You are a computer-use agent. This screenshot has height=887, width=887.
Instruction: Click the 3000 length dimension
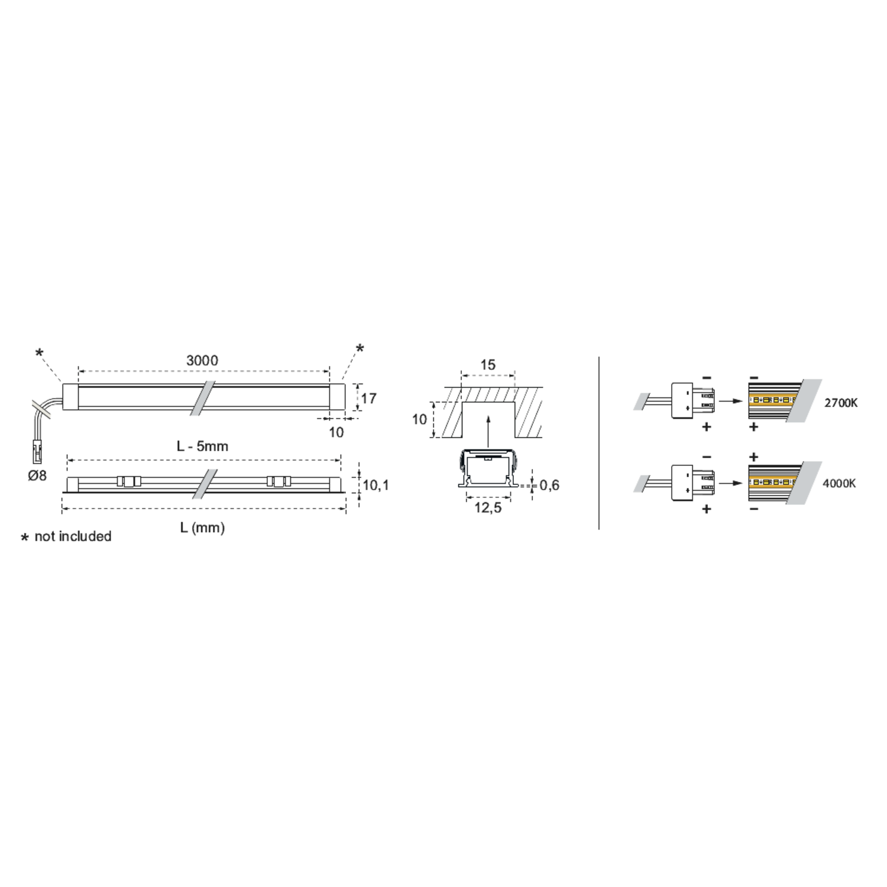202,360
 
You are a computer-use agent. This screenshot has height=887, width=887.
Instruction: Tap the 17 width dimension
369,399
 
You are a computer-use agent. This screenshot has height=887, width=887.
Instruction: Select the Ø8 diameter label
37,475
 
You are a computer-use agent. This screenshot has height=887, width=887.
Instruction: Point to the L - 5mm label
202,446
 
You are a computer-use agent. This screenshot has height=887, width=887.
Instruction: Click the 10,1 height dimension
376,485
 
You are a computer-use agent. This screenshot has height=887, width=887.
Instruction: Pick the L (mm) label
202,527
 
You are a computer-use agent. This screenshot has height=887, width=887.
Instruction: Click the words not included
73,536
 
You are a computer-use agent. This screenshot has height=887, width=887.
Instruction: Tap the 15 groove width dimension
488,365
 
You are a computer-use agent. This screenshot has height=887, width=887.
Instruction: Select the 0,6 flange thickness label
549,485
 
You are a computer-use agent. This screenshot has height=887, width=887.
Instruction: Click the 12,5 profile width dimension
488,507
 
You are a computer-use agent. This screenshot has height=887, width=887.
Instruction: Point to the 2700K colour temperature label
841,403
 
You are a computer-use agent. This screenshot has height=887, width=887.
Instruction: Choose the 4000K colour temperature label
839,484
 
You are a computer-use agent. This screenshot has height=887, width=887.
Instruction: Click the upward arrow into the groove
488,431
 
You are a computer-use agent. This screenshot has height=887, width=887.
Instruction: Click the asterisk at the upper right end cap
360,349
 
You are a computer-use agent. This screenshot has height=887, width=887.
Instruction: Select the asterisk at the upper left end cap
39,354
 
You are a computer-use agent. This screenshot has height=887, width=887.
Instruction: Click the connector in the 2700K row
693,401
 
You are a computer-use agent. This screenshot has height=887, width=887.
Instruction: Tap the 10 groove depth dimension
419,420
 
